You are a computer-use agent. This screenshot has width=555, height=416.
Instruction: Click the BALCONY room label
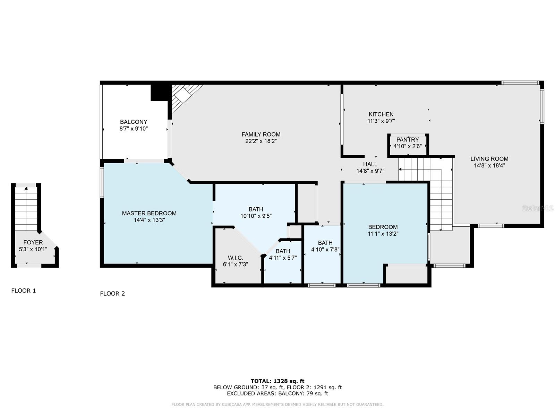[134, 122]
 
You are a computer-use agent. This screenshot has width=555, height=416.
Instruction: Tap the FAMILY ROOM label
[261, 135]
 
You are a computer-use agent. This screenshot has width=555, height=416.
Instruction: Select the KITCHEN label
[381, 114]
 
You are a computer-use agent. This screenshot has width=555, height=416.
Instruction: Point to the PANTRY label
[408, 139]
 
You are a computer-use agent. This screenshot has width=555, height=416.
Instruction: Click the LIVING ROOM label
[489, 159]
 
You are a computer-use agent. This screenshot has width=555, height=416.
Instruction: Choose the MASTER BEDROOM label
[149, 213]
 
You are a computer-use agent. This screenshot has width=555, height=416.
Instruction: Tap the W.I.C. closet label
[236, 258]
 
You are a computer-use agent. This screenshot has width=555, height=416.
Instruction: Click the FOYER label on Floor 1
[33, 242]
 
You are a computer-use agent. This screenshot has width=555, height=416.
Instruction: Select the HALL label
[370, 164]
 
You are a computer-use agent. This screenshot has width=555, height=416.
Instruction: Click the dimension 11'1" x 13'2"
[383, 234]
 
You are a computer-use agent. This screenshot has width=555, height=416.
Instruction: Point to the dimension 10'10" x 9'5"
[256, 216]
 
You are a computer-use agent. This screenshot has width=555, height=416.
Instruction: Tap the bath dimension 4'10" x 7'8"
[325, 250]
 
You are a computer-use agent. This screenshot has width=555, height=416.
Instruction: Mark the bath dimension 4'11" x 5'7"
[283, 258]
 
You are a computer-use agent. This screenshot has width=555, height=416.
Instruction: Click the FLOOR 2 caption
[112, 294]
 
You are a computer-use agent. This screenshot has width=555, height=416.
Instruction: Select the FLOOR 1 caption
[24, 291]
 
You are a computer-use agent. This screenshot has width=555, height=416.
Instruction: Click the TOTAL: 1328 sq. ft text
[277, 381]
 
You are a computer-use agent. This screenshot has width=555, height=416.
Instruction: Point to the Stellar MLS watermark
[538, 208]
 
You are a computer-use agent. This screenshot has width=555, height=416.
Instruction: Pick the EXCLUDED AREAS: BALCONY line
[277, 393]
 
